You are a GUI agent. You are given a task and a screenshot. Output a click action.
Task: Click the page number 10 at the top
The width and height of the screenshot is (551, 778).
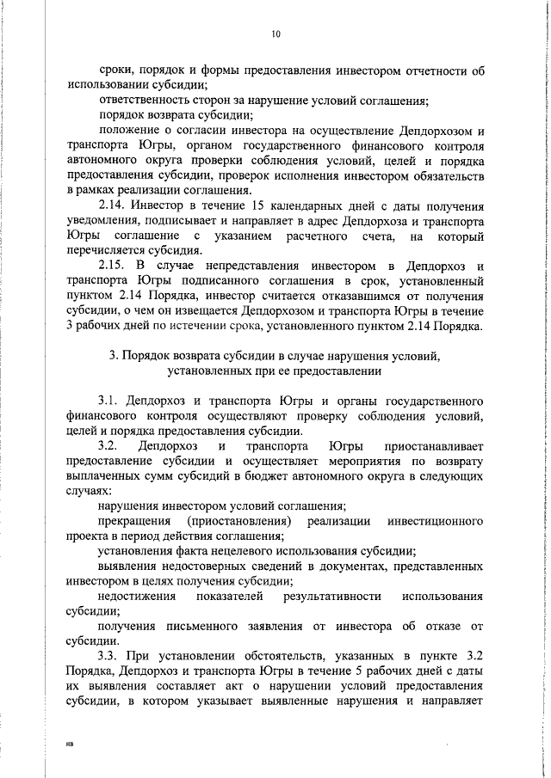point(275,34)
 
